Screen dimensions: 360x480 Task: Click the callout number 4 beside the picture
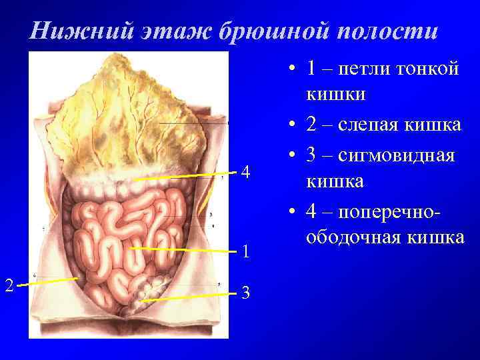[246, 173]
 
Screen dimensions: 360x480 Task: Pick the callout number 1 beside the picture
[246, 251]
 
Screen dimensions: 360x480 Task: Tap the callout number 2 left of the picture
[9, 285]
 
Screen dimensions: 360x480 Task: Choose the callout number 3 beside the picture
[246, 292]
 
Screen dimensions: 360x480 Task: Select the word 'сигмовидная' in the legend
[398, 156]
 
